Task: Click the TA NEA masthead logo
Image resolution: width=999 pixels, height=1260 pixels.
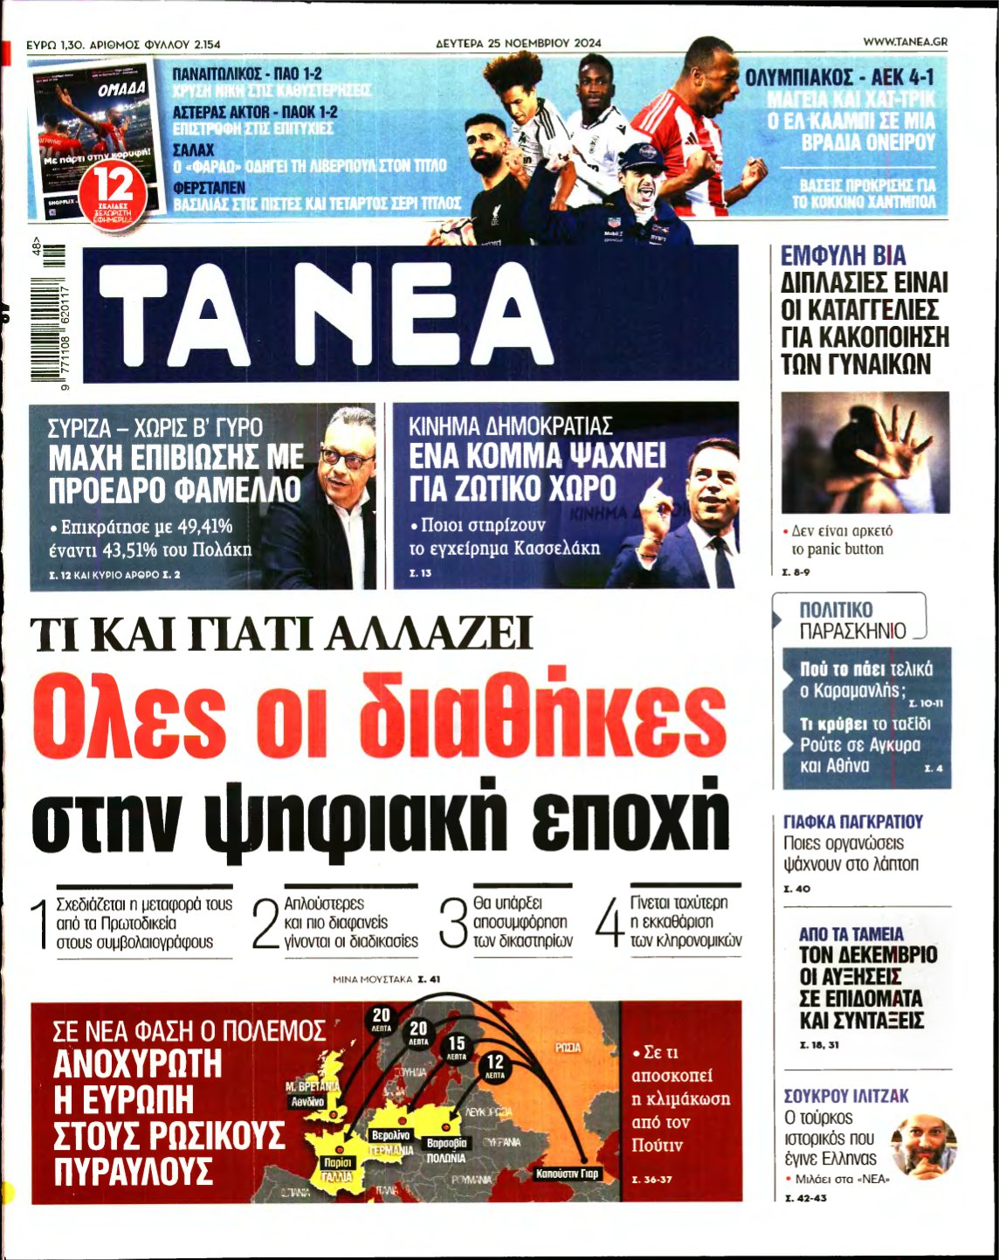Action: click(x=410, y=313)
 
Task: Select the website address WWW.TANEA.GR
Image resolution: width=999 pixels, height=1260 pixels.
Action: click(x=905, y=41)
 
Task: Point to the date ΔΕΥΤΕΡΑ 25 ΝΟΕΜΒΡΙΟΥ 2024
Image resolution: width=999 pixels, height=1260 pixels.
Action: click(x=519, y=42)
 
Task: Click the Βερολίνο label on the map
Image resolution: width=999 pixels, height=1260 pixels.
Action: click(x=390, y=1134)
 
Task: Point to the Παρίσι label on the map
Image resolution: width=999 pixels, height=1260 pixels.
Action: click(x=337, y=1163)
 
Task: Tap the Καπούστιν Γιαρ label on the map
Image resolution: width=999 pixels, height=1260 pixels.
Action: click(x=568, y=1173)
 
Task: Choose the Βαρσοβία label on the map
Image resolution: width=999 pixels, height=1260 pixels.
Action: click(x=446, y=1142)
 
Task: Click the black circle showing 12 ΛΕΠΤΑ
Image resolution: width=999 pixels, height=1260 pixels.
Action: click(x=495, y=1067)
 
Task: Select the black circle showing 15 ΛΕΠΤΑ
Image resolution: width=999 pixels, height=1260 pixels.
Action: click(x=457, y=1047)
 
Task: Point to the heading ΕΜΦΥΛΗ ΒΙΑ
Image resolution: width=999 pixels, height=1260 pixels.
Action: click(x=843, y=256)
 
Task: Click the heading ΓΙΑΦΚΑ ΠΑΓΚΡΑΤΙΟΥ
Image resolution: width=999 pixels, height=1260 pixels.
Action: click(x=852, y=821)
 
